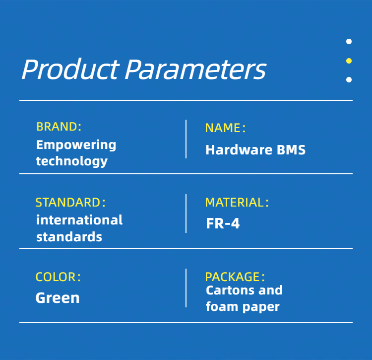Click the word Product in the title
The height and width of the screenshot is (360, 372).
70,69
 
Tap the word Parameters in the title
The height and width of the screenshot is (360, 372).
195,70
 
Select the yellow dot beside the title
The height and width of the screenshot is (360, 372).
349,61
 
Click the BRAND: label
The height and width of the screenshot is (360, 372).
59,127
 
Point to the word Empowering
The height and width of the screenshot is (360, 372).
76,145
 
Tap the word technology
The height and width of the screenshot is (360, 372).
72,161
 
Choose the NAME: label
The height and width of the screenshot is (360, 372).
225,128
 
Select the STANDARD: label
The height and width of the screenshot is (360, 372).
70,203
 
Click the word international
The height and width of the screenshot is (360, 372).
79,220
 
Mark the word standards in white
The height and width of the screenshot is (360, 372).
69,237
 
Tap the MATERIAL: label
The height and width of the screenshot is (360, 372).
237,203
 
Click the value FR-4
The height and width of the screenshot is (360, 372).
223,223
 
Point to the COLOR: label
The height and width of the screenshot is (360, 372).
58,277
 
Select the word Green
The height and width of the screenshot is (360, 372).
58,298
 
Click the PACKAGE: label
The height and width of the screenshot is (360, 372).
235,277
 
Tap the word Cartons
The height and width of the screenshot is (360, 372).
230,290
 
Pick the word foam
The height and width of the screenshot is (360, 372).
222,306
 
